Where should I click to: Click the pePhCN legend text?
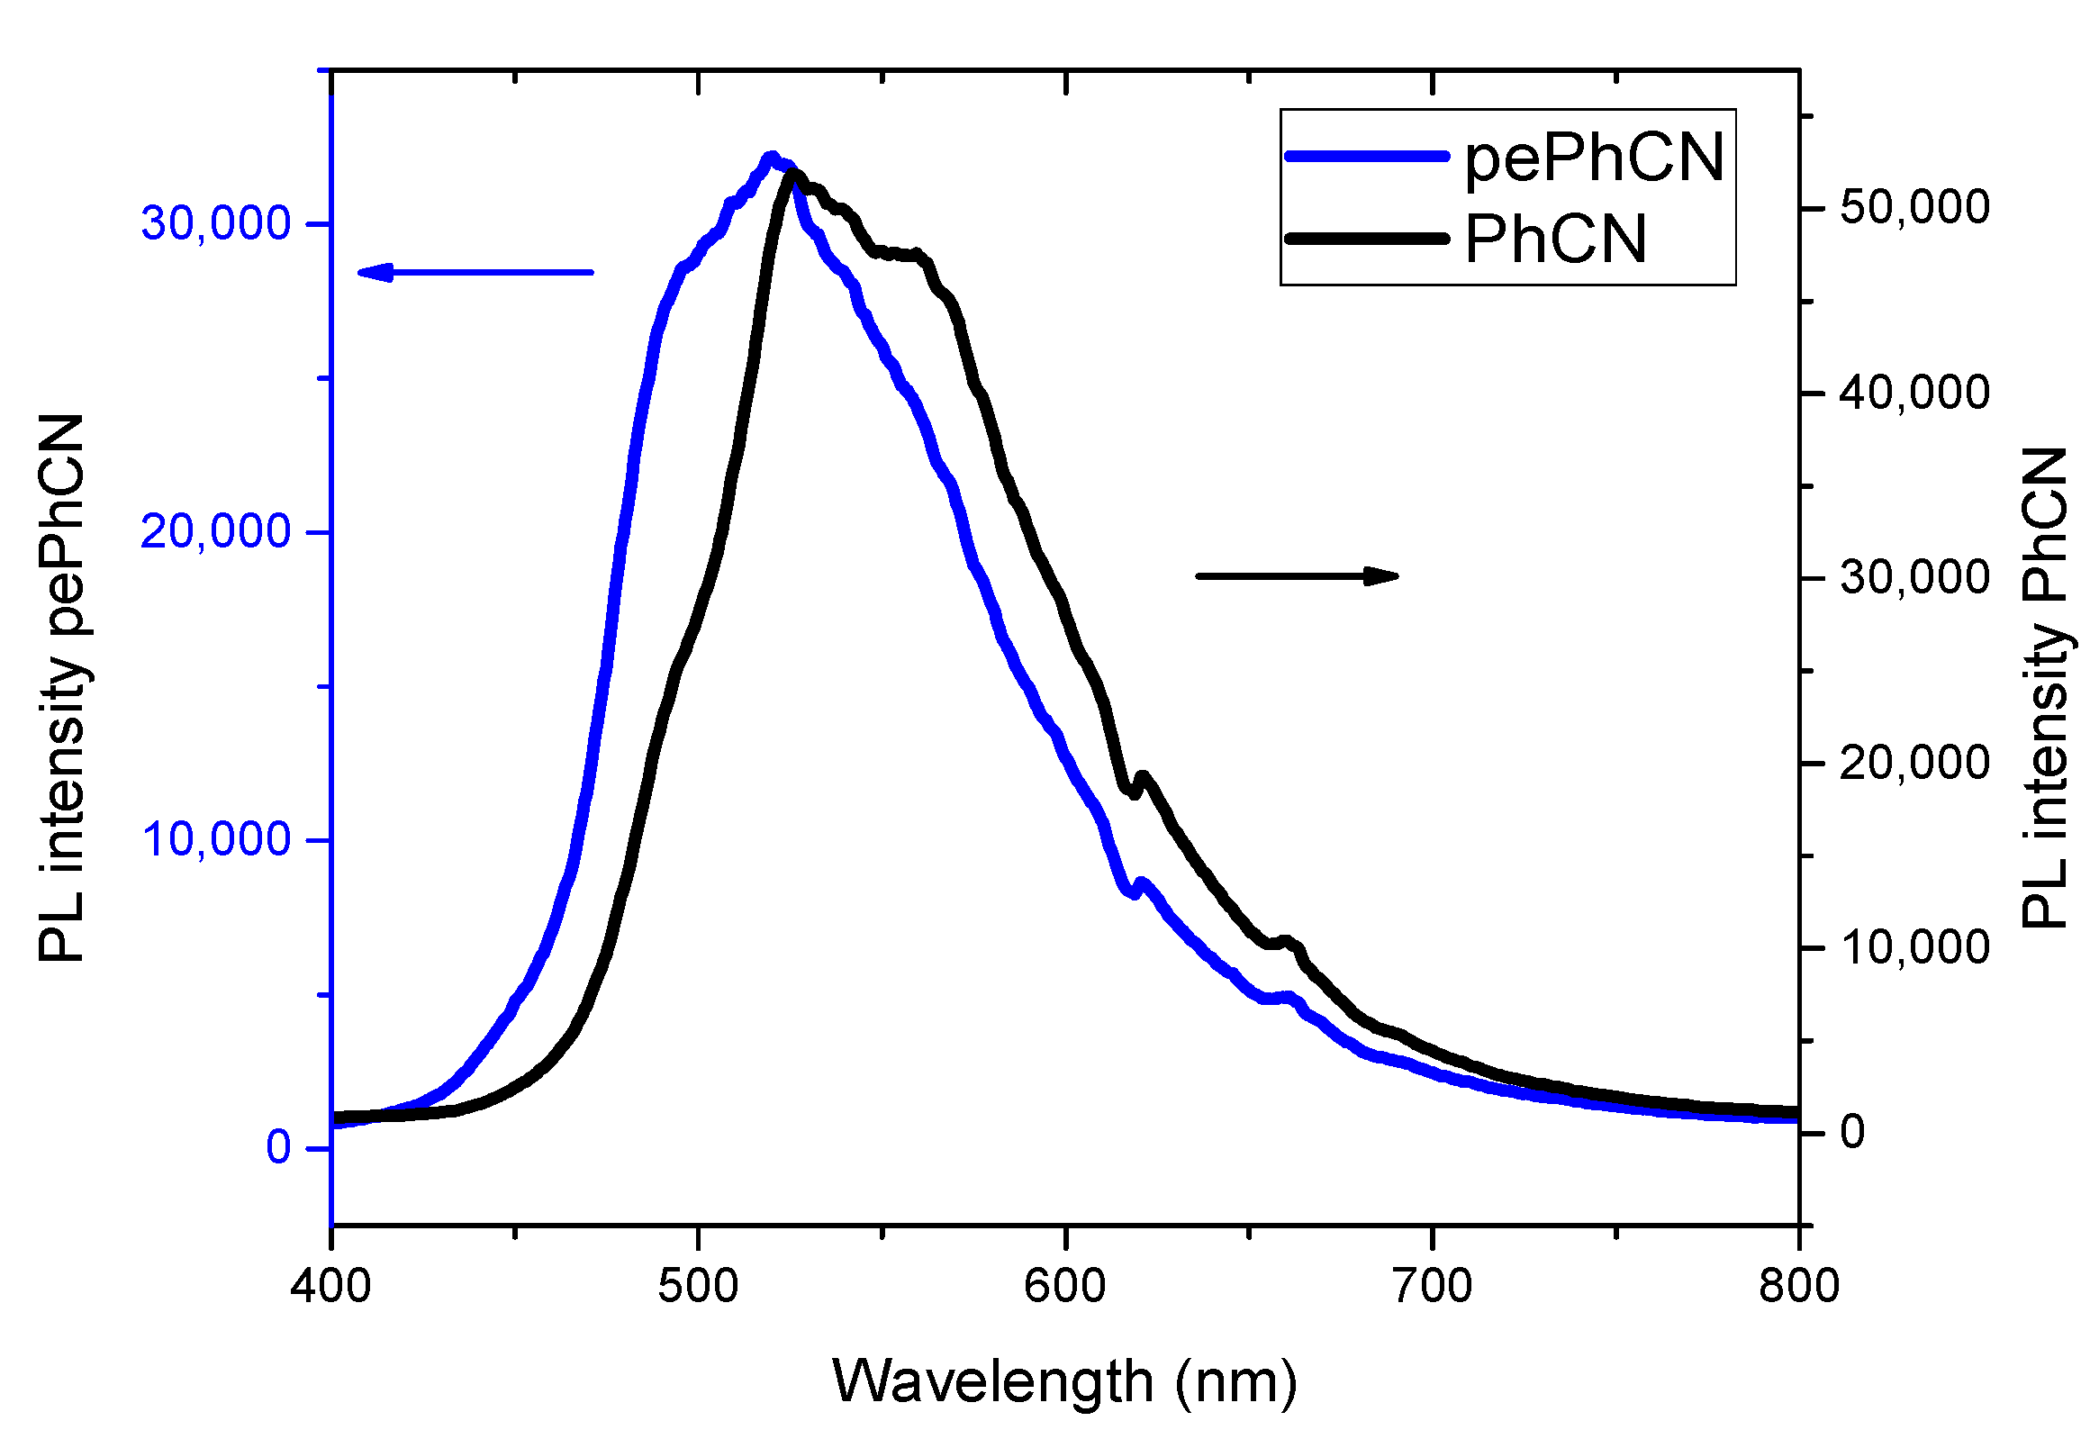coord(1594,159)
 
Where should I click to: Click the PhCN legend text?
coord(1555,240)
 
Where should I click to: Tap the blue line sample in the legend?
coord(1366,157)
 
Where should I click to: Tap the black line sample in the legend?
coord(1366,239)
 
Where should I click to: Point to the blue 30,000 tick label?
coord(216,223)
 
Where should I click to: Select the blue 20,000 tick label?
coord(216,531)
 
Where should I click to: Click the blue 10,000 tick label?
coord(216,839)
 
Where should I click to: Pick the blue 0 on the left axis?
coord(278,1147)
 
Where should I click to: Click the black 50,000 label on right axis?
coord(1914,208)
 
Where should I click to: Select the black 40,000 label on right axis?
coord(1914,393)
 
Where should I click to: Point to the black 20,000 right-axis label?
coord(1914,764)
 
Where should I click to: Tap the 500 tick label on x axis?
coord(698,1285)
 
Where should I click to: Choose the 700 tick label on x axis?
coord(1433,1285)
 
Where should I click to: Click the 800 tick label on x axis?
coord(1798,1285)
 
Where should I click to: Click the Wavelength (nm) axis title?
coord(1064,1382)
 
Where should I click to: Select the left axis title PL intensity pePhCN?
coord(61,688)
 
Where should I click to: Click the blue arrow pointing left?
coord(475,272)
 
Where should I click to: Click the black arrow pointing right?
coord(1297,575)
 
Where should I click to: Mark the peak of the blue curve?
coord(771,158)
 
